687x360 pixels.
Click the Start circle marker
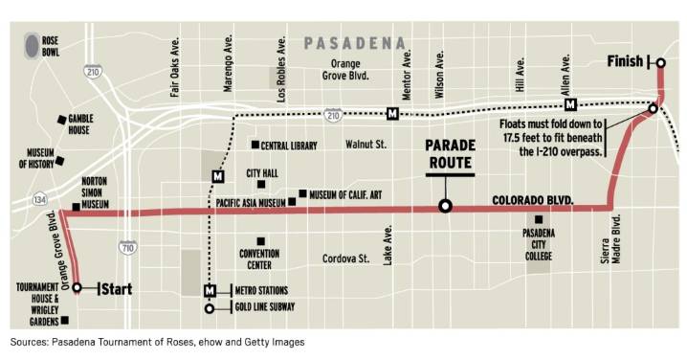click(77, 285)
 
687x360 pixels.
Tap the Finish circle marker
click(660, 63)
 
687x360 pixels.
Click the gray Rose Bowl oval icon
click(33, 44)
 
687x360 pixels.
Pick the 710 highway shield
click(128, 248)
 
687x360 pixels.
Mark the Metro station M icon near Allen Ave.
click(571, 104)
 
